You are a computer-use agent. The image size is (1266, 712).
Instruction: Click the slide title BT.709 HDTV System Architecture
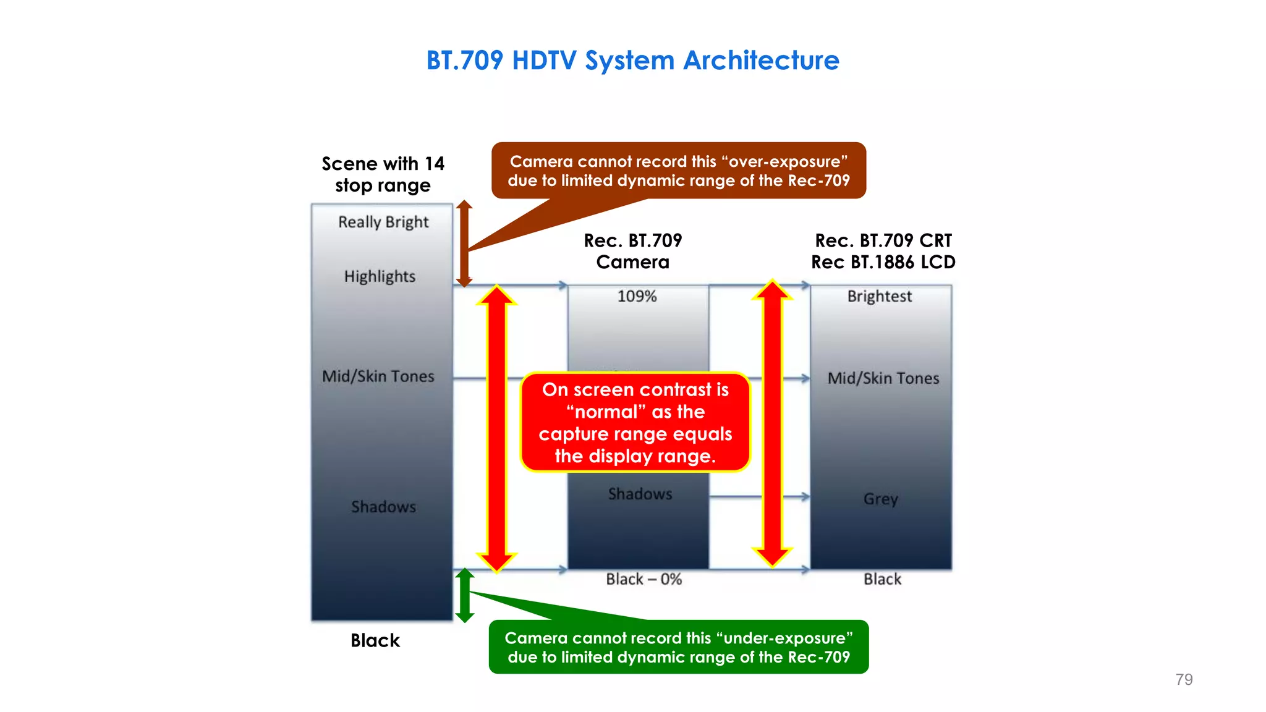tap(632, 61)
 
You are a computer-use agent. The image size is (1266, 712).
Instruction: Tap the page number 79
tap(1183, 679)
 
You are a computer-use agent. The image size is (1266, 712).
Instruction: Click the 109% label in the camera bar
tap(637, 296)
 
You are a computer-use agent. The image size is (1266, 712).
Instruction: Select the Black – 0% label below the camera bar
tap(644, 579)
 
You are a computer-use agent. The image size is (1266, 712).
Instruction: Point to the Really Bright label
tap(383, 222)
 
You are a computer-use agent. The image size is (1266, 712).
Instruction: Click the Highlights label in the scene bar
tap(380, 276)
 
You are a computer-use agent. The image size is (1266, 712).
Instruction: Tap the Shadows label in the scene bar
tap(383, 507)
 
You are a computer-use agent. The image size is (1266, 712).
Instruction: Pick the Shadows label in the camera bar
tap(640, 494)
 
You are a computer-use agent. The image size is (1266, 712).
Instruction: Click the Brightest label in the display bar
tap(879, 296)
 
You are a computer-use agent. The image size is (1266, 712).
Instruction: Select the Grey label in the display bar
tap(880, 499)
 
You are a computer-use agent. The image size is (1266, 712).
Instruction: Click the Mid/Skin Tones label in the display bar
tap(883, 378)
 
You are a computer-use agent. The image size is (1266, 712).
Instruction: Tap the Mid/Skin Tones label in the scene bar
tap(378, 376)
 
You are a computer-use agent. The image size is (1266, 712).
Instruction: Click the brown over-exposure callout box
tap(678, 171)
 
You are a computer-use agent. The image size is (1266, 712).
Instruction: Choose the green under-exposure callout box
tap(678, 647)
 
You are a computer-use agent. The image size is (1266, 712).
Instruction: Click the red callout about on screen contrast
tap(635, 423)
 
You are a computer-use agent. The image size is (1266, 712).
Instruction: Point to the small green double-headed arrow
tap(465, 595)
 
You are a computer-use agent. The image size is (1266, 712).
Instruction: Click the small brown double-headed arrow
tap(464, 244)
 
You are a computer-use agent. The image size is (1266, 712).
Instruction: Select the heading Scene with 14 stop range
tap(383, 174)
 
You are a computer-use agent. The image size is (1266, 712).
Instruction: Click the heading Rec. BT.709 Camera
tap(632, 251)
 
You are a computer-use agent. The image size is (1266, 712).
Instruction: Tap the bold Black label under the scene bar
tap(375, 640)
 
